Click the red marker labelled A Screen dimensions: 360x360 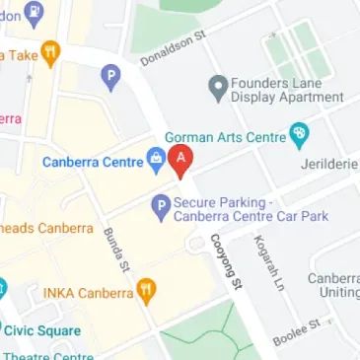181,160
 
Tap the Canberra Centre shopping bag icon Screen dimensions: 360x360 155,156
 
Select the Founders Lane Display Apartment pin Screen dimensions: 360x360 218,89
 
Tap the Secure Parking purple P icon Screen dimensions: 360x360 159,206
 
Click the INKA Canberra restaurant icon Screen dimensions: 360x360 146,292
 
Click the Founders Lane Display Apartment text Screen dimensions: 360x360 286,90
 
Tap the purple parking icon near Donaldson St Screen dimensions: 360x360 111,73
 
